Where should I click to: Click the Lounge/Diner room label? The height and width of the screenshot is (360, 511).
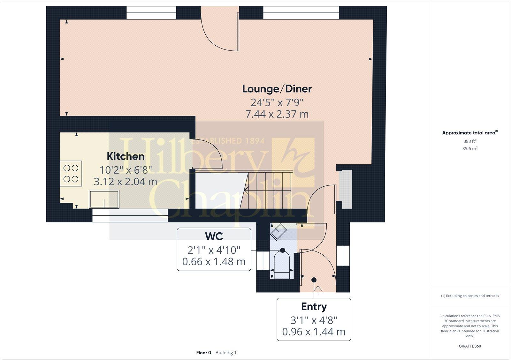pos(277,89)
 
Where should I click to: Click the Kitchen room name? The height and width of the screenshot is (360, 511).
pos(126,156)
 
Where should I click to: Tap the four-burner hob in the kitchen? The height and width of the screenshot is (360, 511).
pos(71,173)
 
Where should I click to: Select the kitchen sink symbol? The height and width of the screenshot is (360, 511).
pos(104,199)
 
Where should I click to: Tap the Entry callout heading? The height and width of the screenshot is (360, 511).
pos(314,307)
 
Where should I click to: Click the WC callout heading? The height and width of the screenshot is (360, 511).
pos(214,236)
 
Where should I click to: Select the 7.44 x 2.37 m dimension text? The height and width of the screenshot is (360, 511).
pos(277,114)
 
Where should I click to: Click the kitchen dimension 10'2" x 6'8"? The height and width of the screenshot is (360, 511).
pos(126,169)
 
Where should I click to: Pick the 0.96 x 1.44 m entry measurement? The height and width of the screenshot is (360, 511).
pos(314,332)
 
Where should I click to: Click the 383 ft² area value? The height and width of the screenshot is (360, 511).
pos(470,141)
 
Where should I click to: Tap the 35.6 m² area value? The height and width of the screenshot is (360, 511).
pos(470,148)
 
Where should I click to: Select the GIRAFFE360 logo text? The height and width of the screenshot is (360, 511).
pos(470,346)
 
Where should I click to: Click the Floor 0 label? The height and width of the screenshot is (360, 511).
pos(203,353)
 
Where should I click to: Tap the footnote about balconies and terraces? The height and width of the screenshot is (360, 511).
pos(470,296)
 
